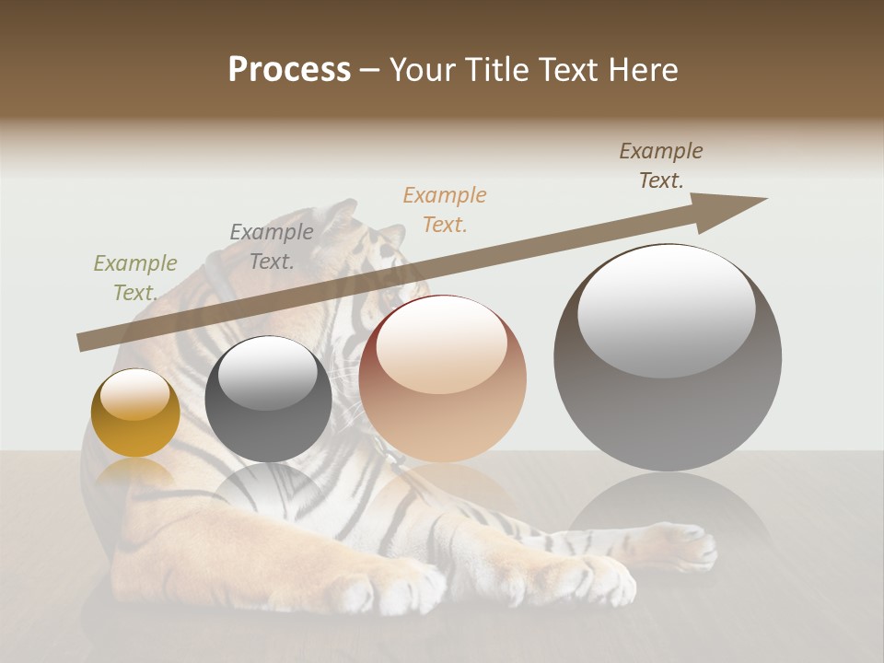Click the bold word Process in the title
tap(289, 70)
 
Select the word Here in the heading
tap(643, 70)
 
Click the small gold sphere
tap(135, 414)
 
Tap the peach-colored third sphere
tap(443, 379)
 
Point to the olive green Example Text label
tap(135, 277)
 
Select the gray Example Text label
tap(272, 246)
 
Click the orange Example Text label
tap(445, 209)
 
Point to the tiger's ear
tap(338, 215)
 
